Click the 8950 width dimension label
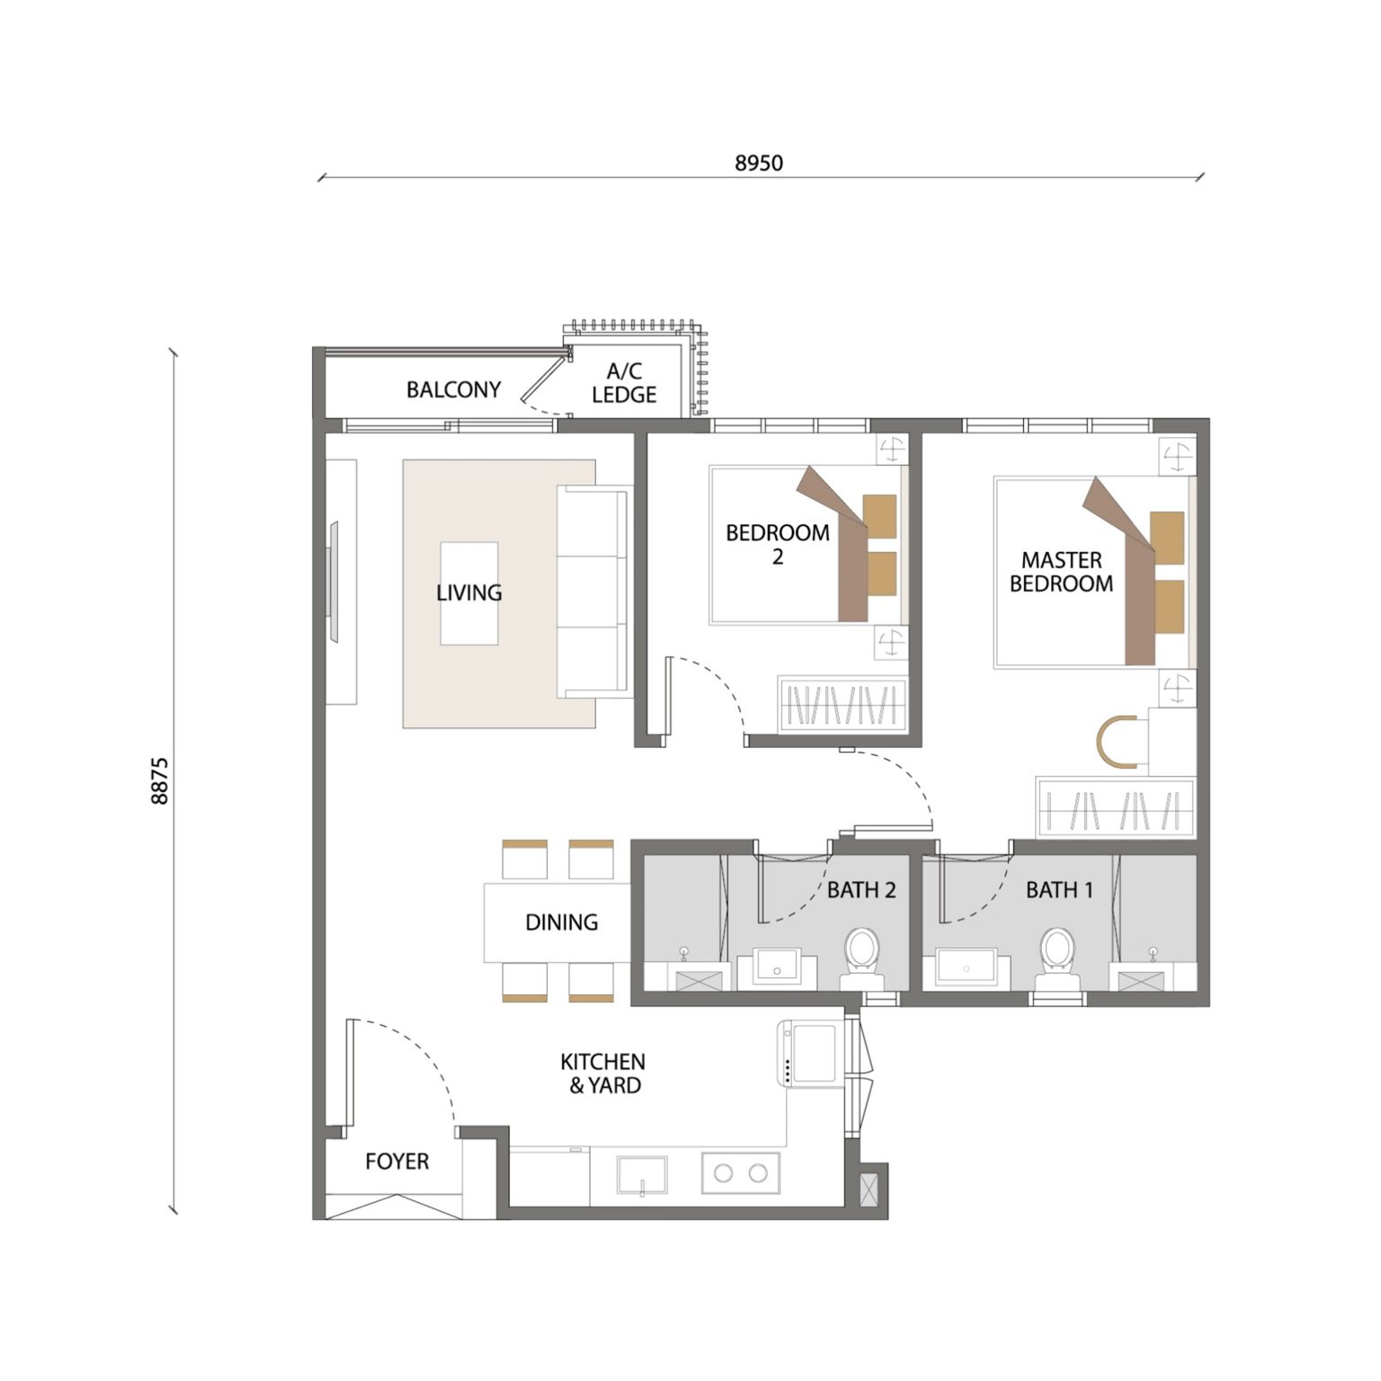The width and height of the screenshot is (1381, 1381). point(759,163)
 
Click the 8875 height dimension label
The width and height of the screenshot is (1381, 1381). point(159,780)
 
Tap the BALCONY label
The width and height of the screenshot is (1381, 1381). point(453,389)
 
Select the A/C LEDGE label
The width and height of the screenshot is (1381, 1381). point(624,383)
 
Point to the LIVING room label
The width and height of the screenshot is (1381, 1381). point(468,592)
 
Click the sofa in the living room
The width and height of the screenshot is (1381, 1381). point(593,592)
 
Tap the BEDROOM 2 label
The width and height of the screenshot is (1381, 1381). point(778,544)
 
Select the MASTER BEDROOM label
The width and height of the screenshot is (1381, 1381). point(1061,572)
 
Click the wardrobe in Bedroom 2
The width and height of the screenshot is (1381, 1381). point(842,703)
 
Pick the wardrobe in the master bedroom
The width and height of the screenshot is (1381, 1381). point(1115,806)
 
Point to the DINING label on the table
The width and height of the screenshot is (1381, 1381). point(561,922)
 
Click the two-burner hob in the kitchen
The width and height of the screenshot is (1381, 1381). point(740,1172)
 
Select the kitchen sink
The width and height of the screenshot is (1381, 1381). point(642,1175)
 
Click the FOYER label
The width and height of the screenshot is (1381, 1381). point(396,1162)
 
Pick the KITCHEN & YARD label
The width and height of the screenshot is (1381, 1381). point(602,1074)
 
